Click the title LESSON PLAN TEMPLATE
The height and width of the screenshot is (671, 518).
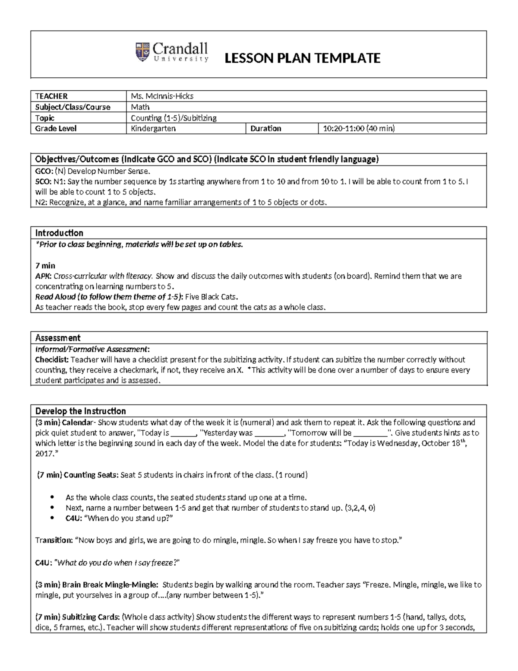[x=302, y=58]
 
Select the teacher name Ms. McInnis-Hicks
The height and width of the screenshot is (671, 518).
[x=159, y=96]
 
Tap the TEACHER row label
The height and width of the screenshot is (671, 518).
[x=51, y=96]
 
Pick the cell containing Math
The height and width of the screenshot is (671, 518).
[x=140, y=107]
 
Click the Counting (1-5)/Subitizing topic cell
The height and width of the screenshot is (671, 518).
[x=174, y=118]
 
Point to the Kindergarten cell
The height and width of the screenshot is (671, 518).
[x=153, y=128]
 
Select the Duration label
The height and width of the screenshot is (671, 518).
[x=265, y=128]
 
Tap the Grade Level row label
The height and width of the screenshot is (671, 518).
[x=56, y=128]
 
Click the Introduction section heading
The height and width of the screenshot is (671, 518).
[x=59, y=233]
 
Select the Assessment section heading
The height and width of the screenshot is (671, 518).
[x=58, y=338]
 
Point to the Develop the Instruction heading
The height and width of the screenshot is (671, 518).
[x=80, y=411]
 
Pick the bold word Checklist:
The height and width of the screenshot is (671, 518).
[x=52, y=359]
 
